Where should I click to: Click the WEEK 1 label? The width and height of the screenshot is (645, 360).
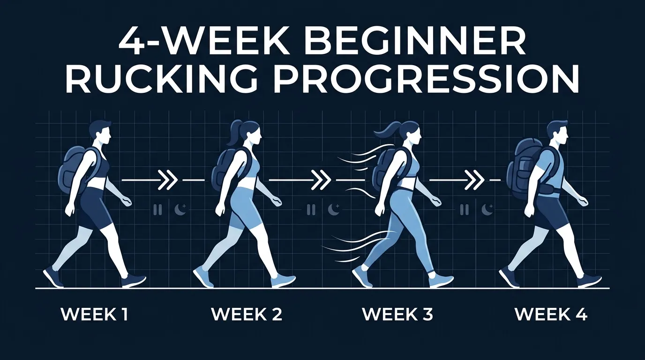pyautogui.click(x=94, y=315)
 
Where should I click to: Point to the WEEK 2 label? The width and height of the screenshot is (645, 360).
pyautogui.click(x=247, y=315)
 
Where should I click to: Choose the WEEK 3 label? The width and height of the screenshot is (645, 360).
pyautogui.click(x=397, y=315)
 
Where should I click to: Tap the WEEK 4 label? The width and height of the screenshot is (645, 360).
pyautogui.click(x=551, y=315)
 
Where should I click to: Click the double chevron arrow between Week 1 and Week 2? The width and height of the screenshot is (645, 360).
pyautogui.click(x=167, y=180)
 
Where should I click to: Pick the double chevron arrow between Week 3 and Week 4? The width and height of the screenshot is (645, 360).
pyautogui.click(x=476, y=180)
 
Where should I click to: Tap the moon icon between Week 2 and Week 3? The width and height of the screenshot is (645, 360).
pyautogui.click(x=333, y=210)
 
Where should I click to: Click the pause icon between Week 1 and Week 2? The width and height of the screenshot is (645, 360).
pyautogui.click(x=157, y=210)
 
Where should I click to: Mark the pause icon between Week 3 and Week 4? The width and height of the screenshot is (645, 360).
pyautogui.click(x=464, y=210)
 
